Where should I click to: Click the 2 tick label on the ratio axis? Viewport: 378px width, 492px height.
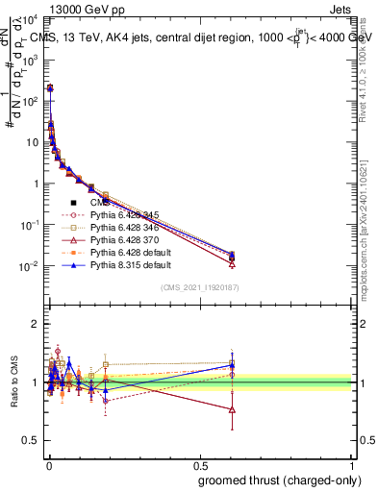[34, 324]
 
